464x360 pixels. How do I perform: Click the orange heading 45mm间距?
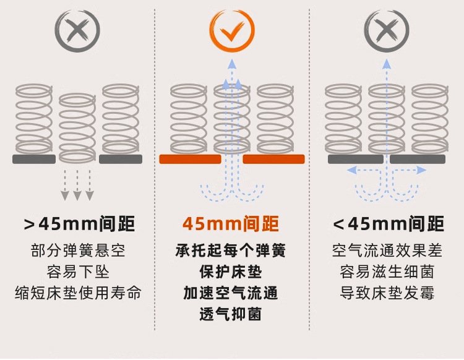[x=231, y=223]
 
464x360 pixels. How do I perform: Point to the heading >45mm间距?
[x=79, y=223]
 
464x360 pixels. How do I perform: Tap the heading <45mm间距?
[x=388, y=223]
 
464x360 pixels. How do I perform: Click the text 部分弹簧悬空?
[x=77, y=251]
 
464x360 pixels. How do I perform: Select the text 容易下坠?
[x=77, y=272]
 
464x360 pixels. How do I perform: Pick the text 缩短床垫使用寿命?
[x=77, y=292]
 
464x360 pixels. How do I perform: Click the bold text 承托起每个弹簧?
[x=231, y=251]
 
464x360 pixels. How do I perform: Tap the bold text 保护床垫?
[x=231, y=272]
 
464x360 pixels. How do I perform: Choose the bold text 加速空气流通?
[x=231, y=292]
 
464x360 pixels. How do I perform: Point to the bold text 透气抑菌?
[x=231, y=314]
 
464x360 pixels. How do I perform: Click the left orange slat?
[x=190, y=159]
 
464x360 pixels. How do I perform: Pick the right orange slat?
[x=273, y=159]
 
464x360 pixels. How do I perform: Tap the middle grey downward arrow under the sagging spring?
[x=77, y=186]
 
